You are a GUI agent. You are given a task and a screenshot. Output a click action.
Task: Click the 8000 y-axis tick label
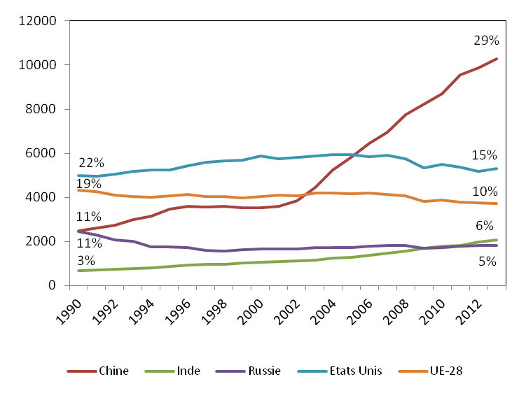[43, 109]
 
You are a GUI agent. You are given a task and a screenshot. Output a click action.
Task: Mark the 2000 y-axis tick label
[43, 241]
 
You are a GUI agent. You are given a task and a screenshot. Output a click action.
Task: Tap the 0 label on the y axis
[53, 285]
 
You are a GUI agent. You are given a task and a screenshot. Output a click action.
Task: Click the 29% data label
[486, 41]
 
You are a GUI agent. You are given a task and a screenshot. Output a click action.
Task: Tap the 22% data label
[91, 164]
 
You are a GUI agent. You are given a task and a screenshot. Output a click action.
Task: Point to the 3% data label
[86, 261]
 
